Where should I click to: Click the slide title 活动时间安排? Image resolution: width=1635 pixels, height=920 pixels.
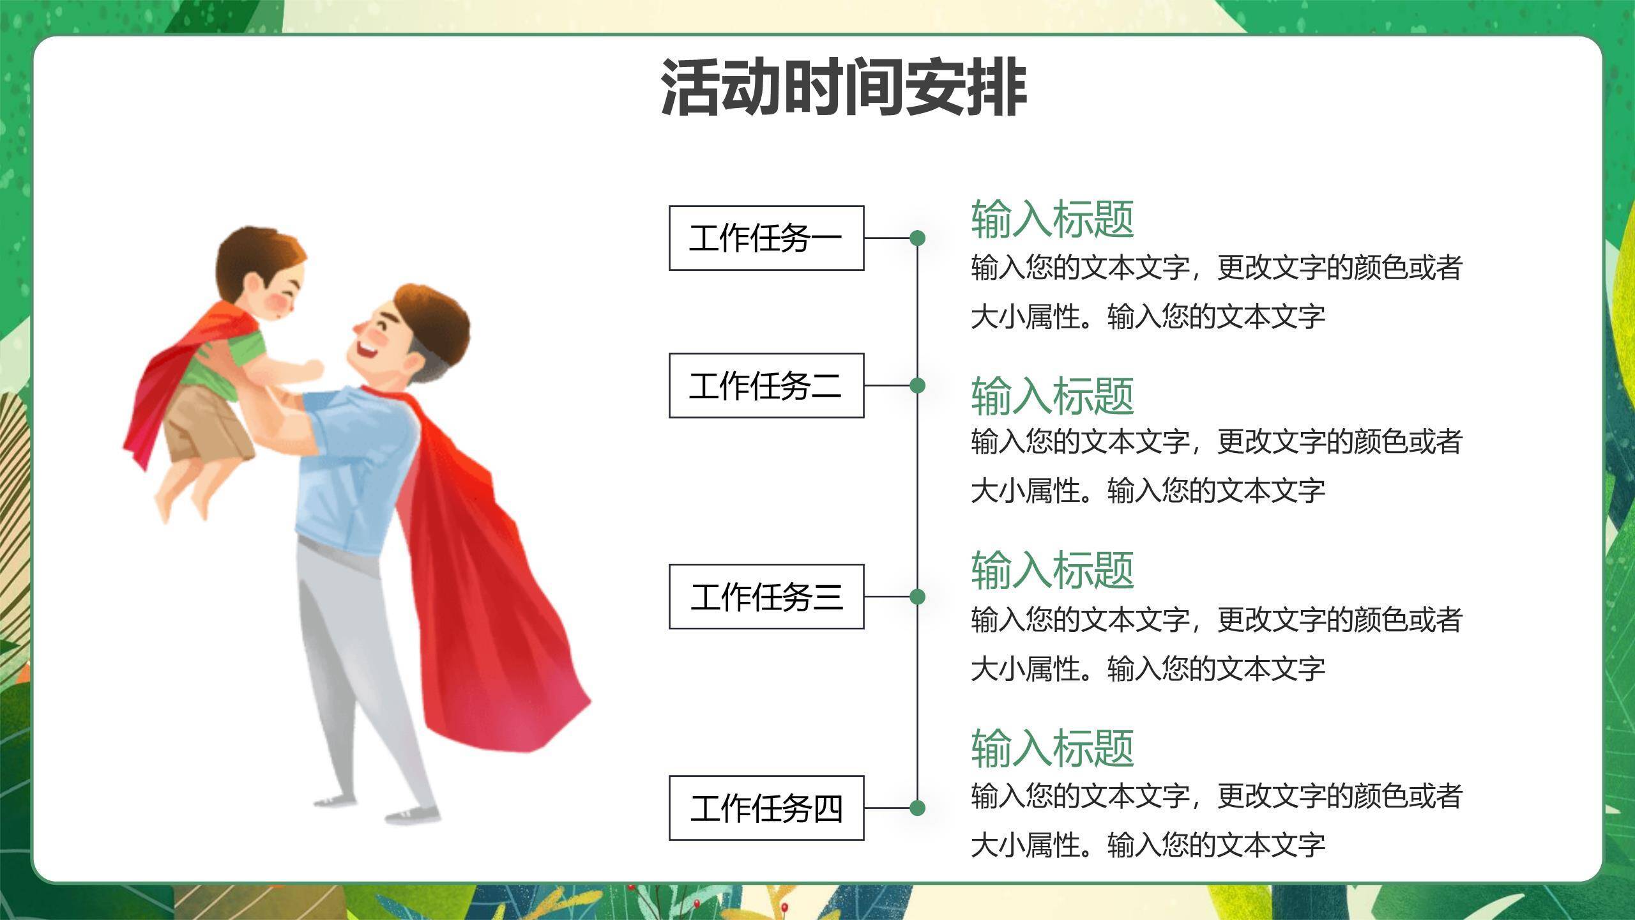point(843,87)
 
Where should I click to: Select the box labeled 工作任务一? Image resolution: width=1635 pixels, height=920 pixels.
point(766,238)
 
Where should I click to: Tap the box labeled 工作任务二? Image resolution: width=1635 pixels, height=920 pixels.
point(766,385)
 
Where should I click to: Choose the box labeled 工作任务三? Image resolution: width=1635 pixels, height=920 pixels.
point(766,597)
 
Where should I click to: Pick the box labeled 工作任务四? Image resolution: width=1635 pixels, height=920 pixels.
point(766,808)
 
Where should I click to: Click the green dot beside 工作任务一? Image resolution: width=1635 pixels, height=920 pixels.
point(917,238)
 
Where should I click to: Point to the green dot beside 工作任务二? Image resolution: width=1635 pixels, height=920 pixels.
point(917,385)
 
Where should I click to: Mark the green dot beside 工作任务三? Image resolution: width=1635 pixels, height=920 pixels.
point(917,597)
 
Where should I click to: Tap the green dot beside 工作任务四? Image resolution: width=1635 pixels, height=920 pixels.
point(917,808)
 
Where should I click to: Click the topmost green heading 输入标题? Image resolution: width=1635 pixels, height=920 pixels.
point(1052,218)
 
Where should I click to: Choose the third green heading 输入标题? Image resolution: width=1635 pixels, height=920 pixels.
point(1052,570)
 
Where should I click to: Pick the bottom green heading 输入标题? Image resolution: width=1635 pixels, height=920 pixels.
point(1052,747)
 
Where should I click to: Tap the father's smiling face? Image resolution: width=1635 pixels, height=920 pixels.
point(383,339)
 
